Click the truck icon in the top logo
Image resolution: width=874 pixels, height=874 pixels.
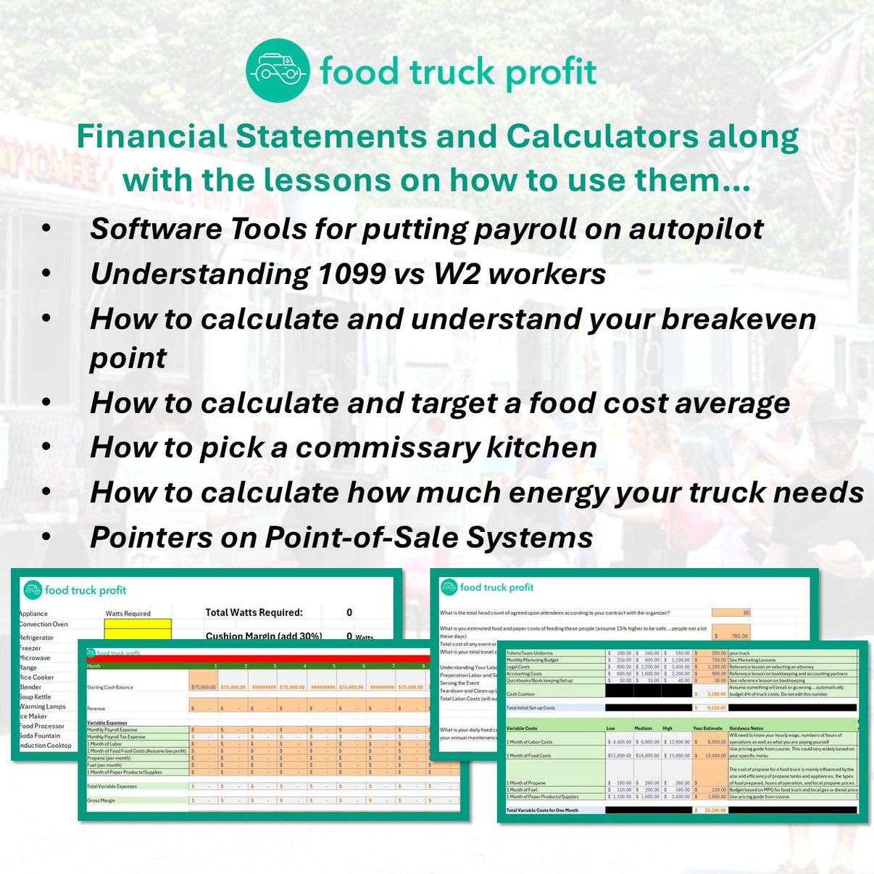(x=278, y=70)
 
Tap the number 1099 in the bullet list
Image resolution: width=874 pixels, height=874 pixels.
(x=351, y=274)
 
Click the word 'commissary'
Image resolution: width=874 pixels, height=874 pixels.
(x=387, y=447)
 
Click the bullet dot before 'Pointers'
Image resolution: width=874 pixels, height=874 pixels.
(x=46, y=537)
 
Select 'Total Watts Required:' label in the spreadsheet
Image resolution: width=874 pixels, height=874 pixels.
(x=254, y=612)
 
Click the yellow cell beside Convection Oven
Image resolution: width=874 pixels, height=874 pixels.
(x=138, y=624)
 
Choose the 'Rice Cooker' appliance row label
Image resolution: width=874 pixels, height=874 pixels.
(x=36, y=678)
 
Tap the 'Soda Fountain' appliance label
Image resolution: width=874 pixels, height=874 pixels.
(x=39, y=736)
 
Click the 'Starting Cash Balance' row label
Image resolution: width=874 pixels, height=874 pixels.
(x=110, y=687)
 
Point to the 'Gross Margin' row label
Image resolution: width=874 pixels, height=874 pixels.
(x=101, y=801)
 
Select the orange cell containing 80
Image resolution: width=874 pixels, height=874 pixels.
(x=731, y=612)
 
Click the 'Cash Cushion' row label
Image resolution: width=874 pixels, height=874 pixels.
(x=520, y=694)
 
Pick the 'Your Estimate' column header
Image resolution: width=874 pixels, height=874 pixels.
(x=707, y=728)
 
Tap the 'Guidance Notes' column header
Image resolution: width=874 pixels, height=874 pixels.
(x=746, y=728)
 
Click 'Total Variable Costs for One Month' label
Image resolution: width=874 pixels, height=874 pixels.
(x=542, y=810)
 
